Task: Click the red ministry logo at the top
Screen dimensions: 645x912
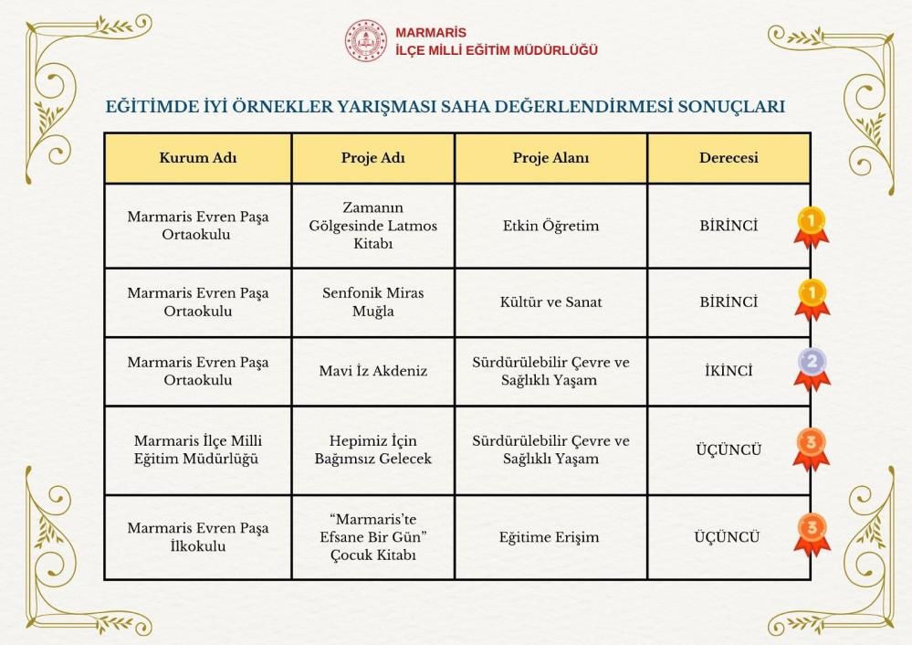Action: point(365,41)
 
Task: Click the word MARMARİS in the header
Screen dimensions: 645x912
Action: point(431,33)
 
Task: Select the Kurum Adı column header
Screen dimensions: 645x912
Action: point(198,157)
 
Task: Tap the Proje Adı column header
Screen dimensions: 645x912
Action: point(373,157)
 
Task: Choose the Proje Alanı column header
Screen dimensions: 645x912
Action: point(550,157)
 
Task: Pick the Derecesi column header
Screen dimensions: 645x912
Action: point(729,157)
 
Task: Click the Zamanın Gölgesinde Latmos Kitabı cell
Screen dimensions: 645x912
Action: point(373,226)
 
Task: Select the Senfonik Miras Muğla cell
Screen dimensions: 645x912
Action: point(373,302)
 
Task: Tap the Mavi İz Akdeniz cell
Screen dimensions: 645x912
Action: point(373,372)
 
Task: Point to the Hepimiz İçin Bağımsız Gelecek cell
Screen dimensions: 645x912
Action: point(373,449)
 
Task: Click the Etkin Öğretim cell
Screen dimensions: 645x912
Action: point(550,226)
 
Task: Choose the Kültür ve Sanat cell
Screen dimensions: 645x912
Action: point(550,302)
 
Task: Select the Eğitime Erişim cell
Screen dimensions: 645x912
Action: point(550,537)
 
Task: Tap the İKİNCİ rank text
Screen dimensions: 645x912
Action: point(729,372)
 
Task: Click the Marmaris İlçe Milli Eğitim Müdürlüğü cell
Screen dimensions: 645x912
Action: point(198,449)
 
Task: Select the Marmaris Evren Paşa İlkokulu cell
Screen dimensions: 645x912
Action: point(198,537)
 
